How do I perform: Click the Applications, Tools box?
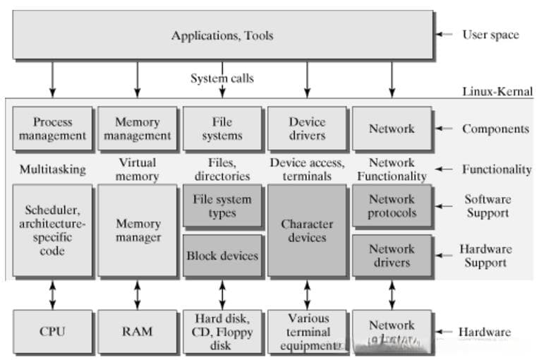point(222,35)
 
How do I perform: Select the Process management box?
point(53,128)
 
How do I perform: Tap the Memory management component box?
point(138,128)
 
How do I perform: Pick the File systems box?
point(222,128)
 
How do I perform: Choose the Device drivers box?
point(307,128)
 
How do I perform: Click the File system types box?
point(222,206)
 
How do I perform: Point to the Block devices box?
point(222,256)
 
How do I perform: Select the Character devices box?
point(307,231)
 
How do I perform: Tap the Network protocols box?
point(392,206)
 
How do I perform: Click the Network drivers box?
point(392,256)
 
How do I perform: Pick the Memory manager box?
point(138,231)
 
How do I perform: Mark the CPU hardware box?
point(53,331)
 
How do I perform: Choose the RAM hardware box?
point(138,331)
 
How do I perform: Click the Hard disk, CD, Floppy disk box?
point(222,331)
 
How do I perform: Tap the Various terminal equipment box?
point(307,331)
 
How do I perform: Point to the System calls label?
point(222,78)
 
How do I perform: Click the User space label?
point(490,35)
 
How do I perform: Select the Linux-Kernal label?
point(497,92)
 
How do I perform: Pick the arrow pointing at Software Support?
point(444,206)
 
